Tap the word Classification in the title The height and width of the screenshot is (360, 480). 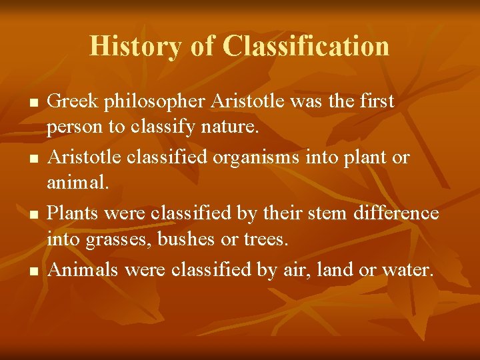tap(306, 47)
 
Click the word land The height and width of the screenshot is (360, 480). tap(337, 270)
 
